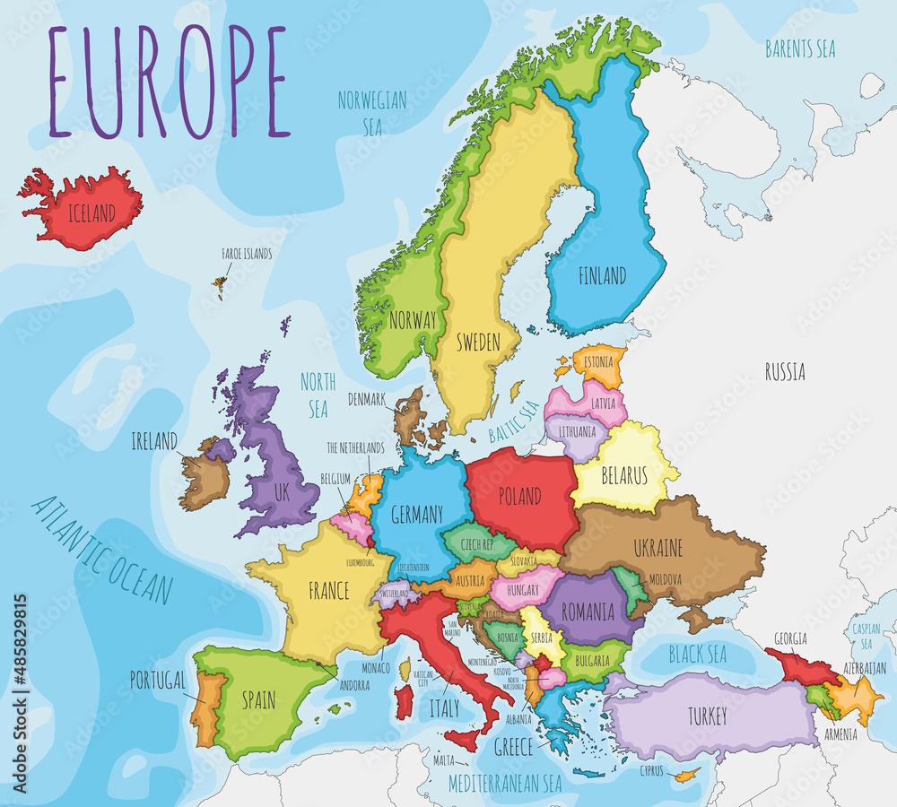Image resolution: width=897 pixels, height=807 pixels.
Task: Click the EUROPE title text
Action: point(169,82)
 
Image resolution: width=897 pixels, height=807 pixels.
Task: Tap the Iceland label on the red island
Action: point(91,213)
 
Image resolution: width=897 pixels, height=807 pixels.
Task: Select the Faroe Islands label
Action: point(246,255)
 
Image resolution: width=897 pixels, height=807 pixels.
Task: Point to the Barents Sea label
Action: point(800,48)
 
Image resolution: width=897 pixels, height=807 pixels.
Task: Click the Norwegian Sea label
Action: point(371,112)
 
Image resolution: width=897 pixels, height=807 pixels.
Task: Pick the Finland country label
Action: point(602,275)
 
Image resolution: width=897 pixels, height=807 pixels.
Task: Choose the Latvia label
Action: point(603,403)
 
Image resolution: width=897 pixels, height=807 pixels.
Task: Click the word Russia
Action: point(784,371)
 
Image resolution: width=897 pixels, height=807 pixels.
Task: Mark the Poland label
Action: point(520,496)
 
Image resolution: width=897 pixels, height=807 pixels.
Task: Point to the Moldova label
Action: point(666,579)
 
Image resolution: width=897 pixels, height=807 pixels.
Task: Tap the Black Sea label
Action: point(697,655)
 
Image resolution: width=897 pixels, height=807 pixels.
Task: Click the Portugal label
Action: point(157,679)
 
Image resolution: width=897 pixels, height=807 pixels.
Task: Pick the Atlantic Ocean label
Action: point(100,550)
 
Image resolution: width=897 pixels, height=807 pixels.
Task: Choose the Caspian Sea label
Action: point(867,636)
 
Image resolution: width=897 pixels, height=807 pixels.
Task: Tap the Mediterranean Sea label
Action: point(505,783)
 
